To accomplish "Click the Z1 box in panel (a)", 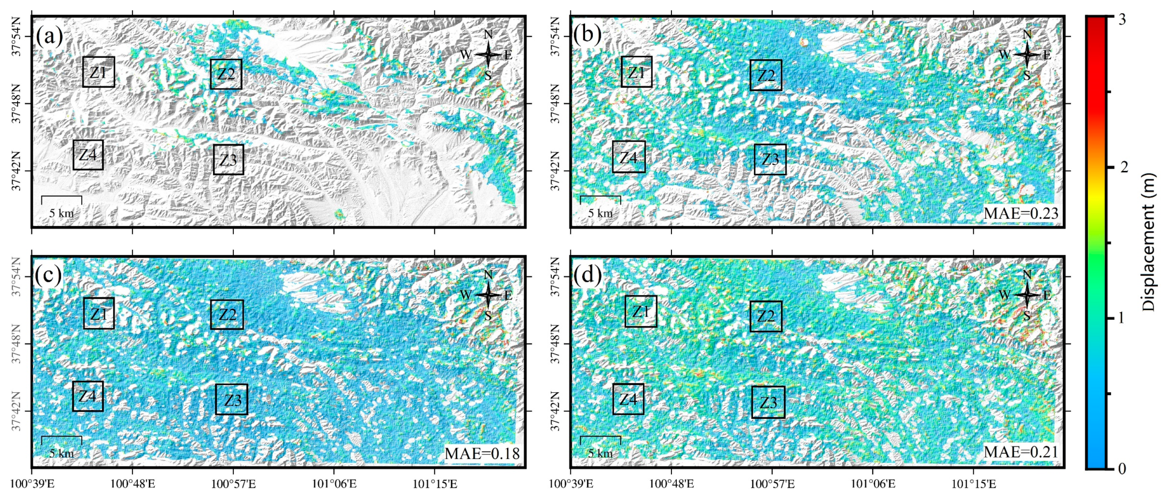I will pos(98,72).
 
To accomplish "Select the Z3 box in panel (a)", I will pos(228,160).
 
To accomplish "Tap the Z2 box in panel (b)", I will pos(766,75).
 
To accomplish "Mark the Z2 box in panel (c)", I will pos(227,315).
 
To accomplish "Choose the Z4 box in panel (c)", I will pos(88,396).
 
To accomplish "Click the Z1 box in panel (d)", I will pos(640,312).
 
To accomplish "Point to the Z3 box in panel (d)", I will pos(768,402).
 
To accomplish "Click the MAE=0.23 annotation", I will pos(1020,213).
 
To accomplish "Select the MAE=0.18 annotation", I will pos(482,453).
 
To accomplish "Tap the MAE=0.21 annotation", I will pos(1020,452).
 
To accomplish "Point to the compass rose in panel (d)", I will pos(1027,295).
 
